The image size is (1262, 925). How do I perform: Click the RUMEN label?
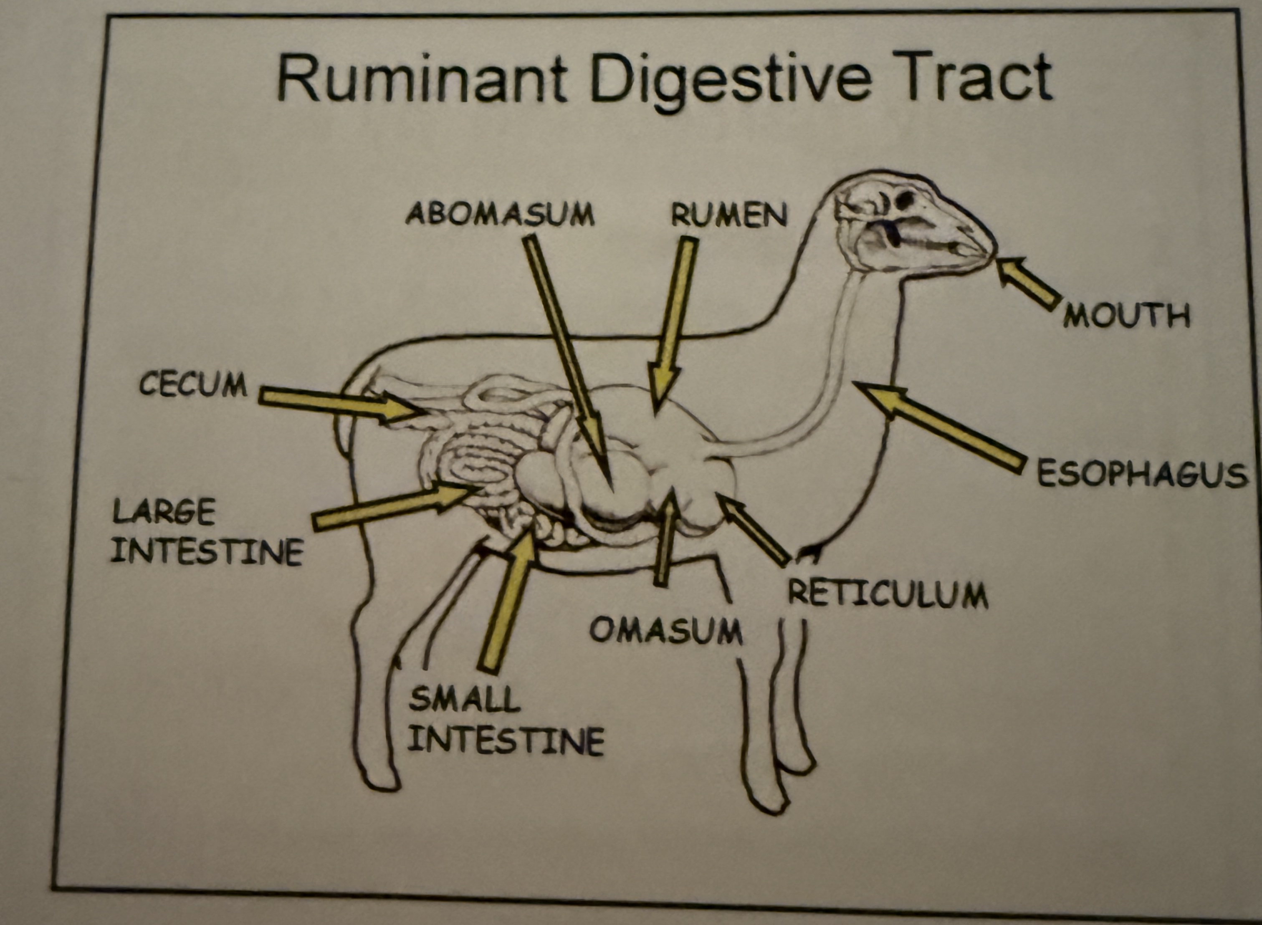729,215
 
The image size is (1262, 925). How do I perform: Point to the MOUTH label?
1126,316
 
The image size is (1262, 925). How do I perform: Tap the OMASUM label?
666,630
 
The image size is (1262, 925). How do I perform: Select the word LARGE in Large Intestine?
164,512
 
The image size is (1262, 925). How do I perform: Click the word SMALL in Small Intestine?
465,700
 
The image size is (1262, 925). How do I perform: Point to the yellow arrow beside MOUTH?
1028,282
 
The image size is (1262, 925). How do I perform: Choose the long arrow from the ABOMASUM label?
566,358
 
